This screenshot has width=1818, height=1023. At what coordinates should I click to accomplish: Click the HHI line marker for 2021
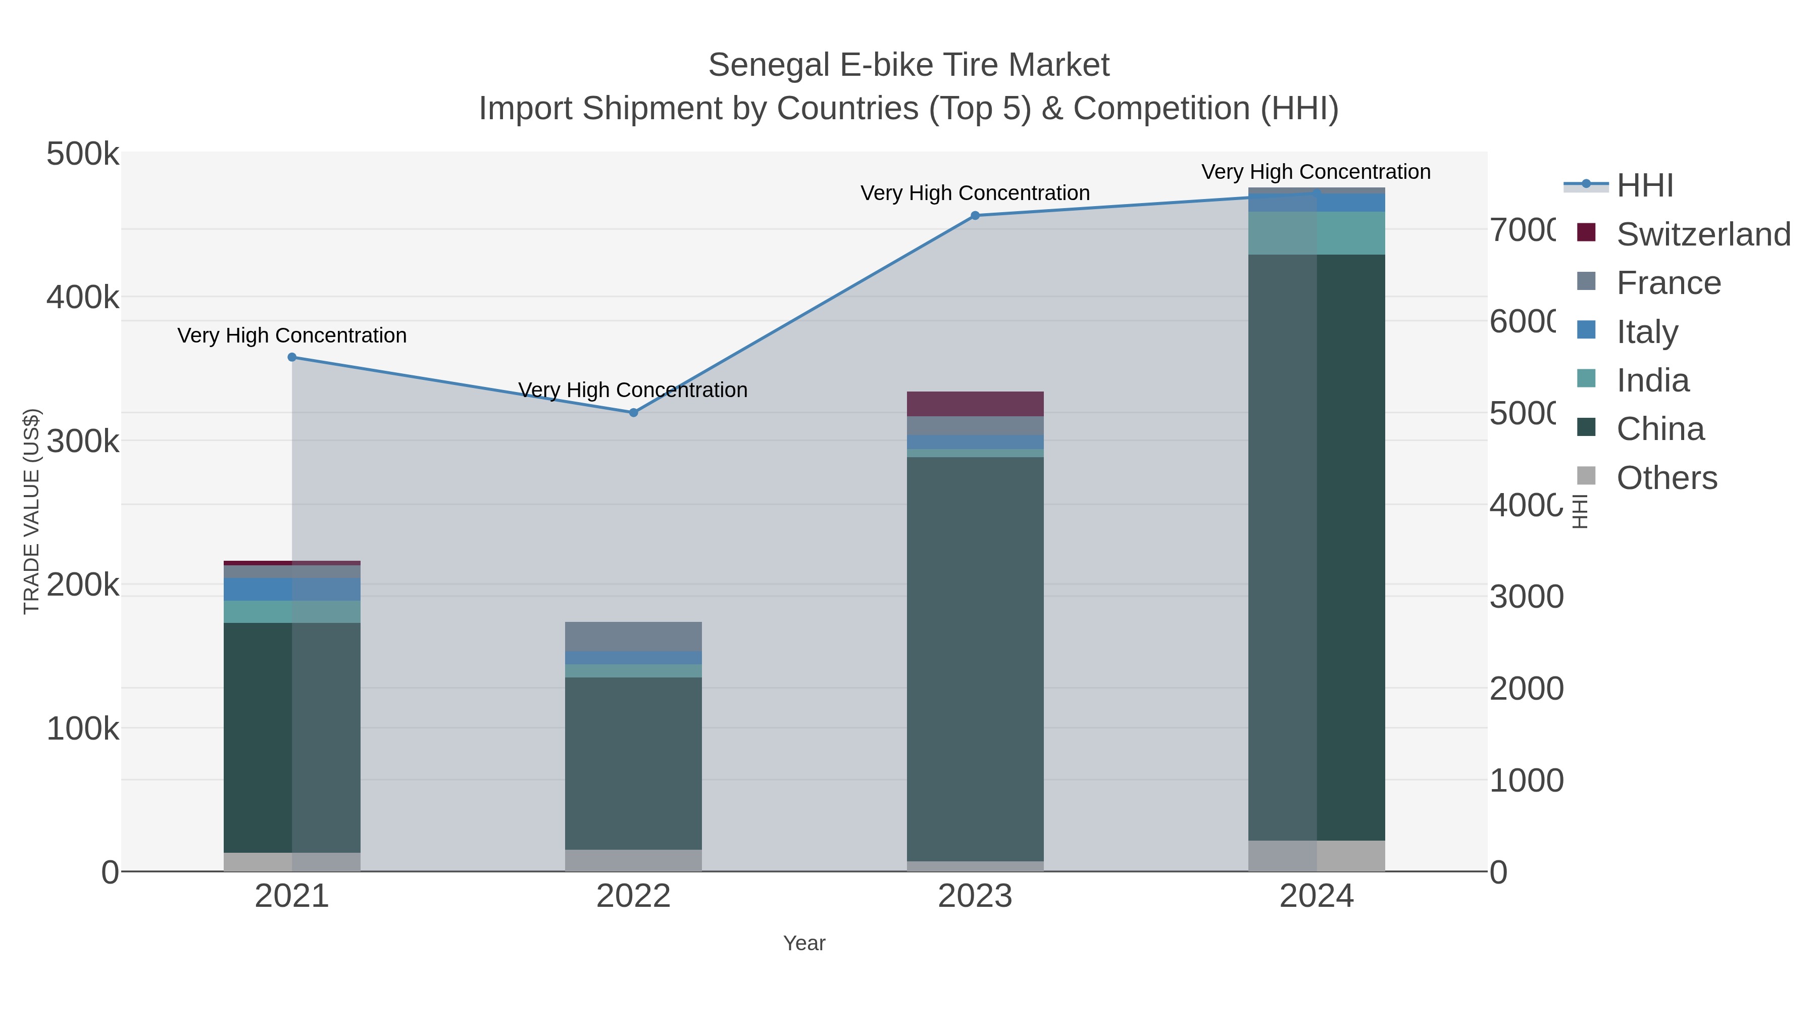coord(292,357)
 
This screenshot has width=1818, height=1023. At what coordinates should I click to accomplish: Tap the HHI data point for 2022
coord(634,412)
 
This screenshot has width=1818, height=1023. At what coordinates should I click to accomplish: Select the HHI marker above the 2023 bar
coord(975,215)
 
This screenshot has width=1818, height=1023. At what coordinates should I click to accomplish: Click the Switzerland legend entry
coord(1703,234)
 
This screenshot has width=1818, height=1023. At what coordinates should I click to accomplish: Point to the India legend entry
coord(1652,380)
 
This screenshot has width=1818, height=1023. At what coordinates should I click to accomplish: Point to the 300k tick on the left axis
coord(83,442)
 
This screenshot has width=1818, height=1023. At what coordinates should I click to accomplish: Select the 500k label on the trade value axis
coord(83,155)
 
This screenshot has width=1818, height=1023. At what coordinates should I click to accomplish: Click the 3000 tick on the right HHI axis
coord(1526,597)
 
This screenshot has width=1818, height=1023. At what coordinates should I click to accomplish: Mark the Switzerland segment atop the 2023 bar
coord(975,404)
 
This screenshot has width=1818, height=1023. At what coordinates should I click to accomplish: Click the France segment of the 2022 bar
coord(634,636)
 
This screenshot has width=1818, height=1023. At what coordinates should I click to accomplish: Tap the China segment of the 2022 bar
coord(634,762)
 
